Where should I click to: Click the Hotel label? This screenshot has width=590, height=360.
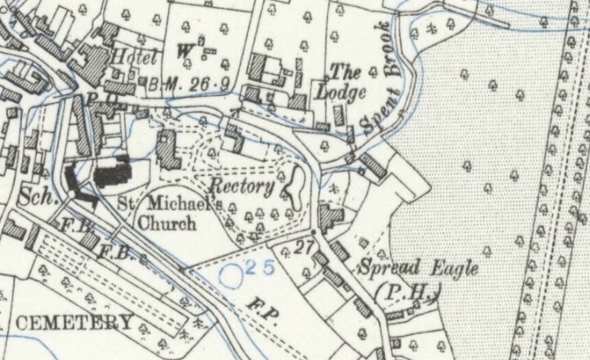pyautogui.click(x=133, y=56)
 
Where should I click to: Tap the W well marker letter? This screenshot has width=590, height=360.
pyautogui.click(x=184, y=52)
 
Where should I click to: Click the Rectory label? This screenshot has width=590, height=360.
pyautogui.click(x=242, y=186)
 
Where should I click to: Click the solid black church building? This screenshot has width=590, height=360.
pyautogui.click(x=113, y=173)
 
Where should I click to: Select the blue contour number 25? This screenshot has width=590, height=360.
pyautogui.click(x=260, y=265)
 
